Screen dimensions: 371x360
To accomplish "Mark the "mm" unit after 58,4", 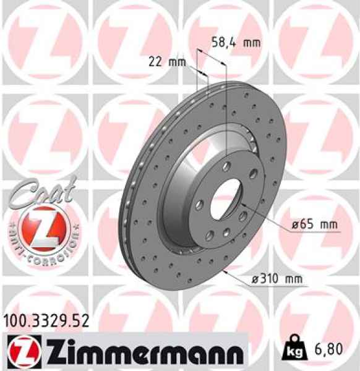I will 252,43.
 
